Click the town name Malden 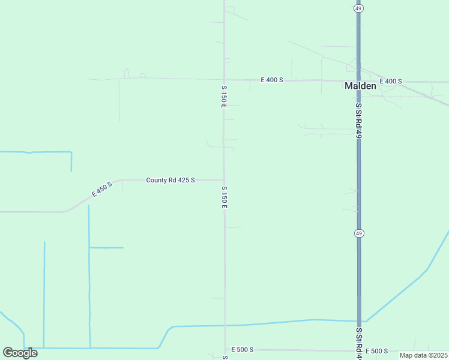pos(360,86)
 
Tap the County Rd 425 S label pos(170,180)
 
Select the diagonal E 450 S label pos(102,189)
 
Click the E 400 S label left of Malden pos(271,80)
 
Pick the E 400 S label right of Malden pos(390,81)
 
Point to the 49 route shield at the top pos(358,8)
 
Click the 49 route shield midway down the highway pos(358,233)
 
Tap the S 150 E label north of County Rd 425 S pos(223,96)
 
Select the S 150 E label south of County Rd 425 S pos(224,197)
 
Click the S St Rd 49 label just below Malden pos(358,121)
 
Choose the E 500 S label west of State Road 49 pos(243,350)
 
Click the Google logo pos(20,353)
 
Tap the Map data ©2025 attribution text pos(423,355)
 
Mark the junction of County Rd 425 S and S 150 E pos(224,180)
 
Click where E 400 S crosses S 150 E pos(224,80)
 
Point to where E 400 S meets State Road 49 pos(358,80)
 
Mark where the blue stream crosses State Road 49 pos(359,321)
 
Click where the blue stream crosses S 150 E pos(225,325)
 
